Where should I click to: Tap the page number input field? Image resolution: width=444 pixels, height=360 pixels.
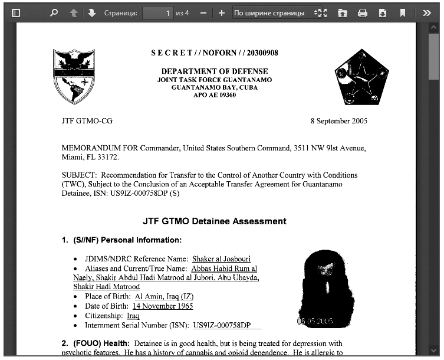pos(157,12)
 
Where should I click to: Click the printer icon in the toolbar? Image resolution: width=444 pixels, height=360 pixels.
pos(363,12)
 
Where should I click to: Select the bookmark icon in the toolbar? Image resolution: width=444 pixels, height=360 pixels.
pos(402,12)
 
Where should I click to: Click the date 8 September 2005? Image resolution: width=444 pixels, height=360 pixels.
pos(338,121)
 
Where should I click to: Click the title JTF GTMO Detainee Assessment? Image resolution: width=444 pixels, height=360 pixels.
pos(214,221)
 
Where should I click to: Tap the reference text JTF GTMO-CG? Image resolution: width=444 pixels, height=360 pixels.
pos(87,121)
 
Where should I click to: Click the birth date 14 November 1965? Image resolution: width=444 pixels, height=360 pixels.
pos(163,306)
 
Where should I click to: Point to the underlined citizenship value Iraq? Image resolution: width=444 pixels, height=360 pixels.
pos(133,316)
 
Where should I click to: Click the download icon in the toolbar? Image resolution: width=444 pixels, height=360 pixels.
pos(383,12)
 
